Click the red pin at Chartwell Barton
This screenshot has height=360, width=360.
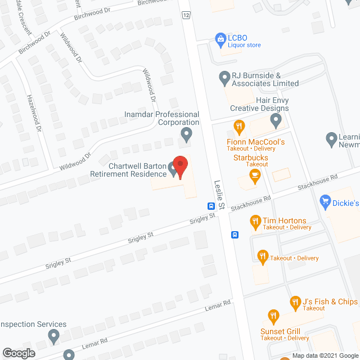point(180,166)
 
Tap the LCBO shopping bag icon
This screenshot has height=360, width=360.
point(220,38)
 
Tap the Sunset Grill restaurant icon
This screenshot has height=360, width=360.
point(273,316)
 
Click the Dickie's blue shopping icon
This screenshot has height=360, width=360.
point(325,201)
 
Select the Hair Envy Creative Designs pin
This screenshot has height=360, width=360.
point(276,120)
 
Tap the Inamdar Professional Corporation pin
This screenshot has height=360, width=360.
point(187,134)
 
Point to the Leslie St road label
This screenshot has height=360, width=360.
point(219,195)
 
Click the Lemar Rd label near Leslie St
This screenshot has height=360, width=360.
point(219,304)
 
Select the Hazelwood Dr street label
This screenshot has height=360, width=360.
point(33,112)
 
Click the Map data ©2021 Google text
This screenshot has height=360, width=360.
point(324,355)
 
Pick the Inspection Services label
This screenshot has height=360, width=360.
point(34,325)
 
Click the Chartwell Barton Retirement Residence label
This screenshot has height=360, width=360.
point(129,170)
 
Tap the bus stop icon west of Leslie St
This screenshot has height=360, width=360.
point(210,205)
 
